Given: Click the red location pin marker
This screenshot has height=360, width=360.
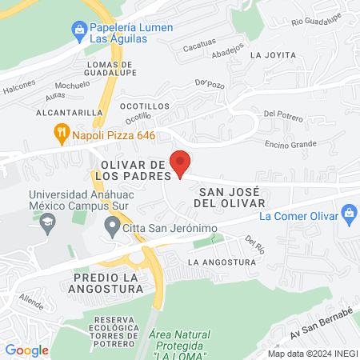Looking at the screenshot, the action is (x=181, y=163).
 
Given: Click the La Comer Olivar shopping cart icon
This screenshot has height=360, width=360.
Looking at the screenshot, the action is (x=348, y=214).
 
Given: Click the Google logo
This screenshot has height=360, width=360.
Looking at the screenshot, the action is (x=26, y=350).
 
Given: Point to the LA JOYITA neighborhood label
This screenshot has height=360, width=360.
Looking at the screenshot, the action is (x=273, y=55).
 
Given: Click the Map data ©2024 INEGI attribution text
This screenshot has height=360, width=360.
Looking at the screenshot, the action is (x=310, y=353).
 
